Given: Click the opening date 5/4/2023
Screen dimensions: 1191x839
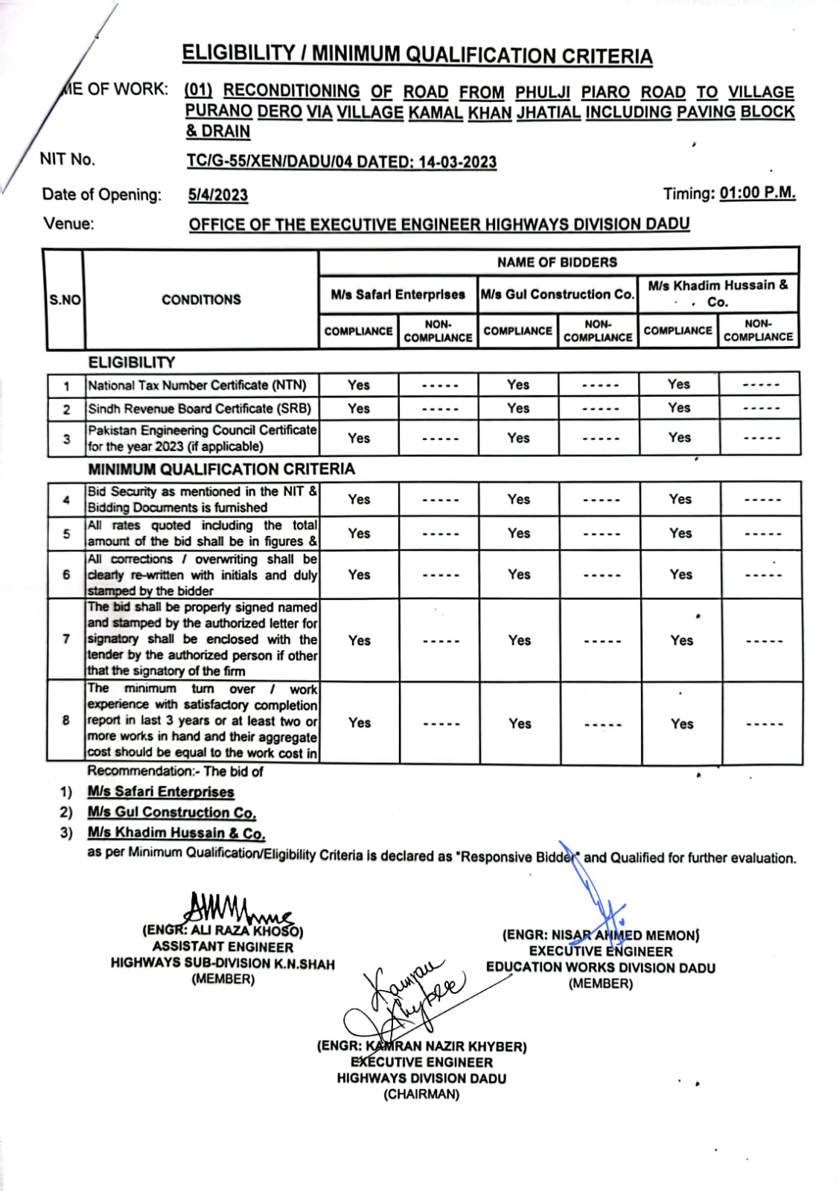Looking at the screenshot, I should click(218, 195).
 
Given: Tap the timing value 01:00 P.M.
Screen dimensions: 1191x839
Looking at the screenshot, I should click(757, 194).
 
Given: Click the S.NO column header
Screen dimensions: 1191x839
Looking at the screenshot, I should click(65, 300).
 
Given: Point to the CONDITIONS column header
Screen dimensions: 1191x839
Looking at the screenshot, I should click(201, 300).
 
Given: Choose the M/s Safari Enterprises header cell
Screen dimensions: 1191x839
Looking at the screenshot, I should click(398, 295).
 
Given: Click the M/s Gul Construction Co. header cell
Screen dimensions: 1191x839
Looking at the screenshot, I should click(558, 295).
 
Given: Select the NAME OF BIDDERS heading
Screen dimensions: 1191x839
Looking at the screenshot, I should click(557, 262).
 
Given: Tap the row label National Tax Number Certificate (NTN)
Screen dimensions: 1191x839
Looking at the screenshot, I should click(197, 386).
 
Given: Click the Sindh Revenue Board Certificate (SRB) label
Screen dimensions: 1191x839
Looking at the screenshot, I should click(200, 409).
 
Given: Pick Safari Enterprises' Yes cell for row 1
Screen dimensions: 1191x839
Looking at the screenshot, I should click(359, 385).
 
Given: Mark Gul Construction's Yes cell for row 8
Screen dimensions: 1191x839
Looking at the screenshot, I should click(520, 724).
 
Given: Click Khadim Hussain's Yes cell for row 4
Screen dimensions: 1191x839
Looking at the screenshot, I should click(680, 499).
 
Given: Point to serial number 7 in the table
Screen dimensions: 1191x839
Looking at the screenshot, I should click(66, 639).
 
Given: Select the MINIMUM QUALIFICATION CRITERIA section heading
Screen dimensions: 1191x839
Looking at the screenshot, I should click(221, 469).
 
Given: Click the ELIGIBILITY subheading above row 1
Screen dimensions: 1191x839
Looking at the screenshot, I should click(132, 363).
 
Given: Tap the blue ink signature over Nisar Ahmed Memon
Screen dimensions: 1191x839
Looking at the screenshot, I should click(596, 893).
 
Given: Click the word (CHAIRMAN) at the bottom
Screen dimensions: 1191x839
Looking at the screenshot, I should click(421, 1094).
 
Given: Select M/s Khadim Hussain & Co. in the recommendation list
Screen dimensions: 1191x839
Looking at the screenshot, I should click(176, 833).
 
